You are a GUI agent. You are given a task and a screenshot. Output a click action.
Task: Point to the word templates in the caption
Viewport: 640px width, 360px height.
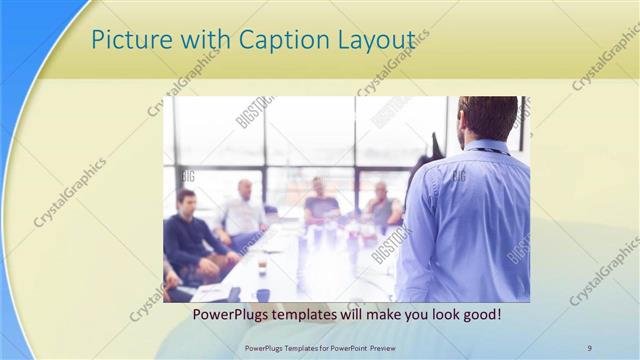pos(312,314)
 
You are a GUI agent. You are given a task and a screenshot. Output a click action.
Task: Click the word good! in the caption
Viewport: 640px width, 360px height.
pos(480,314)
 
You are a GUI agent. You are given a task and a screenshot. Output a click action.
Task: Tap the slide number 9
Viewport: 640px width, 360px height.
pos(589,347)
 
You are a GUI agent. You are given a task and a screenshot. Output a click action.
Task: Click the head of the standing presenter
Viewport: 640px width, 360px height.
pos(488,117)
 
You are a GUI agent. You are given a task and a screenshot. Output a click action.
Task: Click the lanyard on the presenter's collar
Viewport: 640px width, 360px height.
pos(490,151)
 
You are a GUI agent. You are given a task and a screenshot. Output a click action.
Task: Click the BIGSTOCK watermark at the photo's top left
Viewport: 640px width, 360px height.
pos(252,112)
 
